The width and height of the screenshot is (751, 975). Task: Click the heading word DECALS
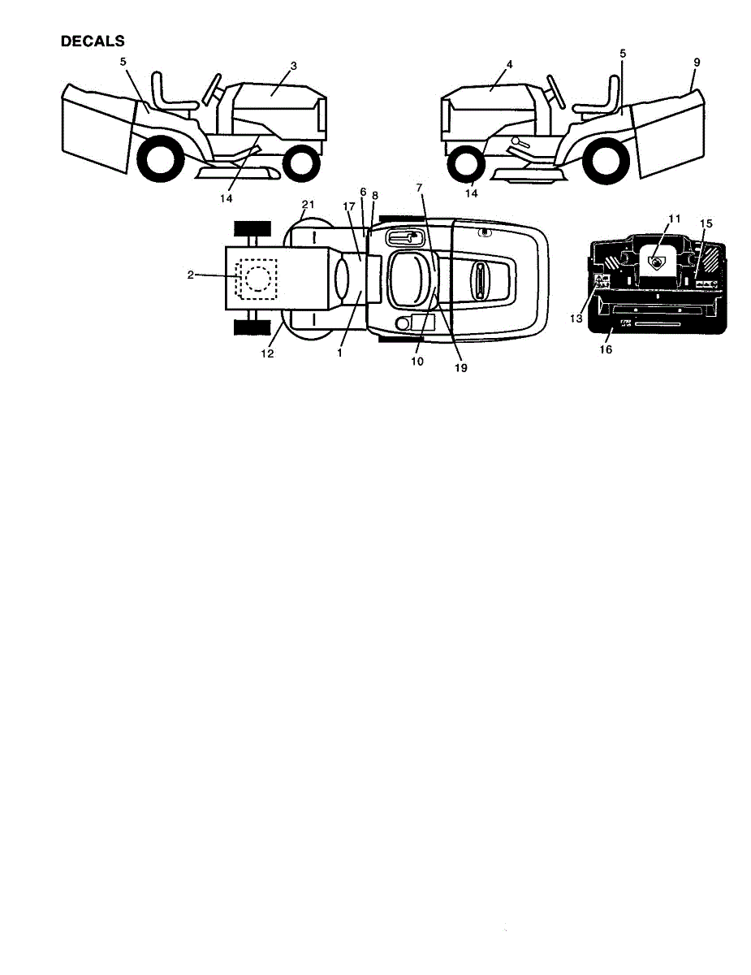pos(93,41)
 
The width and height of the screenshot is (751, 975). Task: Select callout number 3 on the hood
pos(272,64)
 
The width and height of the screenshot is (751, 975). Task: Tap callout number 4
pos(508,64)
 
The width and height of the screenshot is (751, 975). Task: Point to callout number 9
pos(697,61)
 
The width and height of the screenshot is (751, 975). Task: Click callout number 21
pos(308,203)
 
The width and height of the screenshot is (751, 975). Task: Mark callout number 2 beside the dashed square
pos(190,275)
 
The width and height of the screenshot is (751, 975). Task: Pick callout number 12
pos(267,353)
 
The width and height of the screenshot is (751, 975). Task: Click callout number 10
pos(417,362)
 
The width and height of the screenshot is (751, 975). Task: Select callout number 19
pos(460,367)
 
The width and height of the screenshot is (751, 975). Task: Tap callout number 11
pos(674,219)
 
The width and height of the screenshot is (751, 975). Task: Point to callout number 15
pos(706,223)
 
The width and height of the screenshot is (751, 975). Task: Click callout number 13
pos(576,319)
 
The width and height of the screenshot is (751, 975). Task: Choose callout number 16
pos(605,350)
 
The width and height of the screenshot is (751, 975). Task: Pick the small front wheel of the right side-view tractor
pos(465,162)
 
